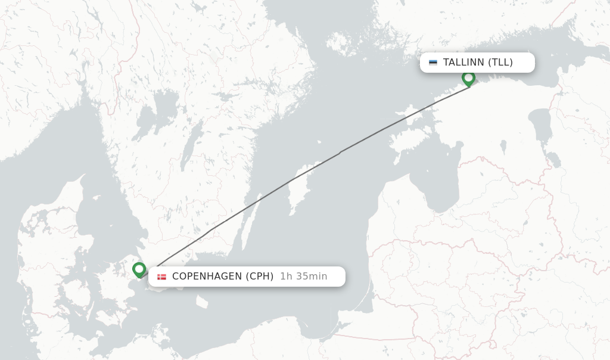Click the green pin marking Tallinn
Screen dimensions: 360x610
point(468,78)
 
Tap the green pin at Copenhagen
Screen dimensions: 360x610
point(139,270)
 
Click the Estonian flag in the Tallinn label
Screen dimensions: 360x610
point(432,63)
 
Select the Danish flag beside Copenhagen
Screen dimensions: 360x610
point(161,277)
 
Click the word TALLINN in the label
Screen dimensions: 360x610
point(463,63)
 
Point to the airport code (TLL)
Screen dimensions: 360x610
point(500,63)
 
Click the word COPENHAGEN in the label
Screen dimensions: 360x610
point(206,277)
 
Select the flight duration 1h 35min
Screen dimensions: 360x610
point(303,277)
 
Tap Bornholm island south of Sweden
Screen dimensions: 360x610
point(202,302)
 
